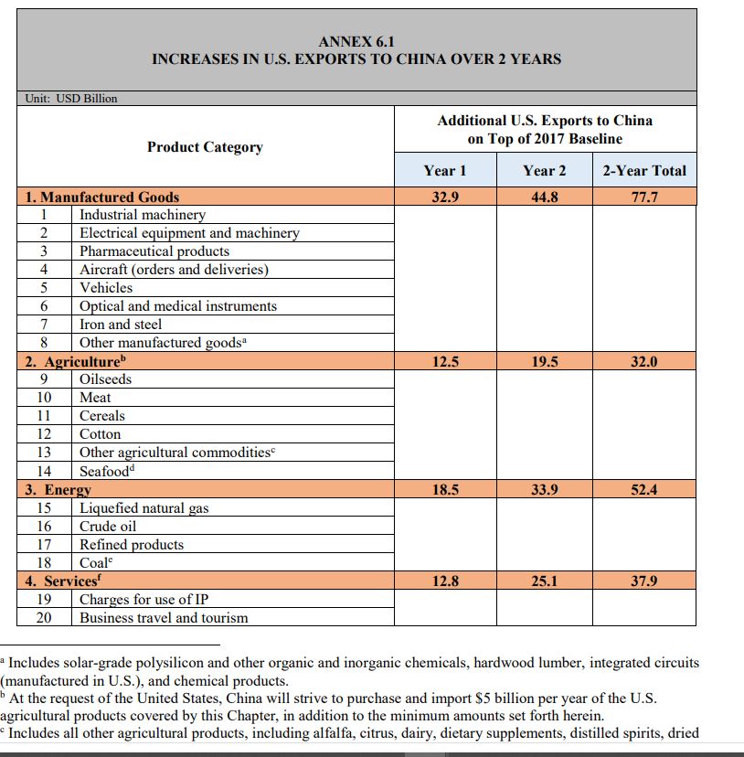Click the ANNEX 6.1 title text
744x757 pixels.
(x=356, y=42)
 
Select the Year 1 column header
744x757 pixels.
(x=445, y=171)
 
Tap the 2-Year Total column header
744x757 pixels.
(x=644, y=171)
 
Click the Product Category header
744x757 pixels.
(x=205, y=147)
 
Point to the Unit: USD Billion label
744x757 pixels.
(x=70, y=99)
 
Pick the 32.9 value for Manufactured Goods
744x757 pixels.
(x=445, y=197)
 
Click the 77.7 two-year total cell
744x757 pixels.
(x=644, y=197)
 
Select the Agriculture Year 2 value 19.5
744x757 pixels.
(x=545, y=361)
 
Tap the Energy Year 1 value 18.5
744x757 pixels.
(x=445, y=490)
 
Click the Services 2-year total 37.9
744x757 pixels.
(x=644, y=581)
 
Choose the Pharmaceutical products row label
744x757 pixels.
(x=154, y=251)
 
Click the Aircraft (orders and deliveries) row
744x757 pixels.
(x=174, y=270)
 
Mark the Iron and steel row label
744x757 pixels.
(x=121, y=325)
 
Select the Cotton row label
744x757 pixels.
(x=100, y=434)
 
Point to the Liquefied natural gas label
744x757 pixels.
(x=144, y=508)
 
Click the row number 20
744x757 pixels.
(x=44, y=618)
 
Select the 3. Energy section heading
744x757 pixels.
(x=56, y=490)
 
